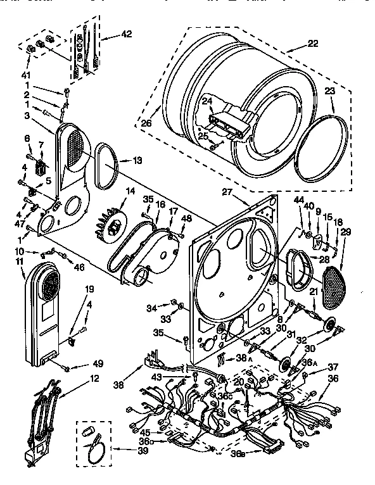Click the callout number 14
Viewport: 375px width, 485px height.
[130, 192]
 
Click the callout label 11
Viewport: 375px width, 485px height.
[19, 261]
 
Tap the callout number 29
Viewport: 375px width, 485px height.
[346, 233]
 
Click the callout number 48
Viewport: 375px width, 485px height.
[186, 218]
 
